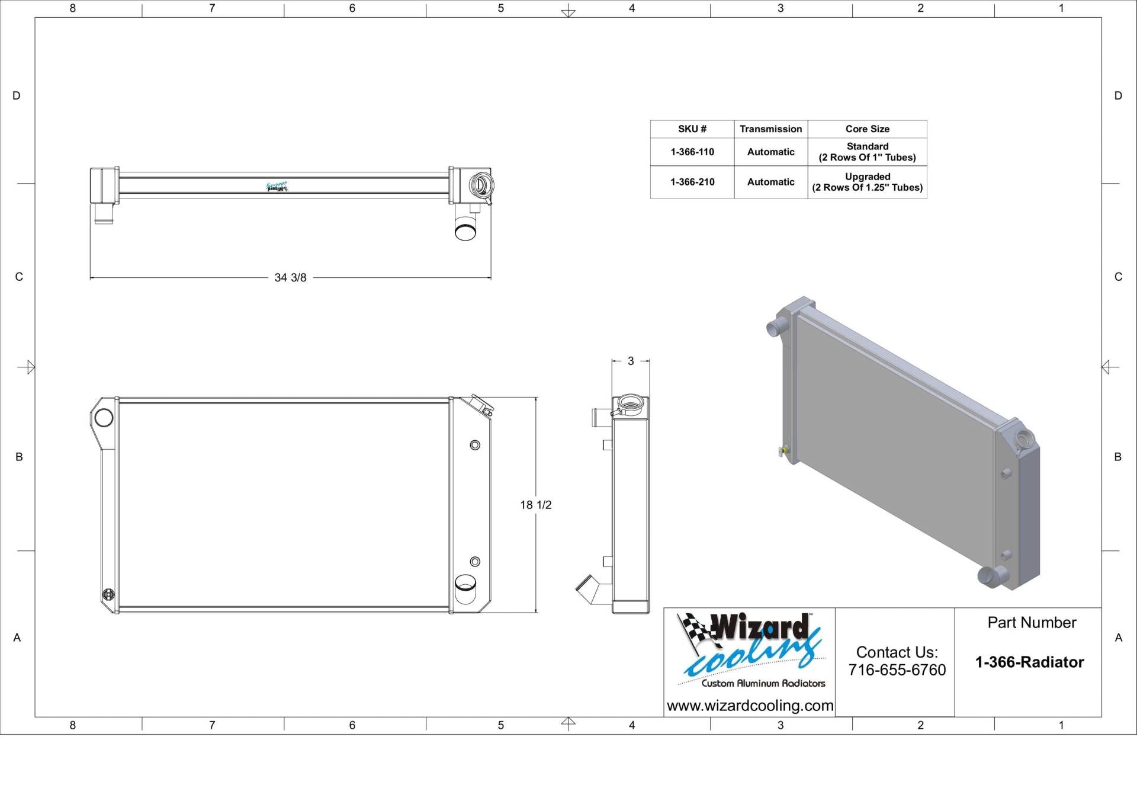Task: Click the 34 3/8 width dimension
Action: click(290, 277)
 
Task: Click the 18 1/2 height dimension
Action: click(535, 505)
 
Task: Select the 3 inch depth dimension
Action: click(631, 361)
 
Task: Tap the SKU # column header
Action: click(692, 129)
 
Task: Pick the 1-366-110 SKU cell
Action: click(692, 152)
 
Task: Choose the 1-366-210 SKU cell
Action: click(692, 182)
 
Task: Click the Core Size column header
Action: click(867, 129)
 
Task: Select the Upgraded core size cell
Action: click(867, 182)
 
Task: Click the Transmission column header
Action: click(770, 129)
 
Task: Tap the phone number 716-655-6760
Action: click(897, 670)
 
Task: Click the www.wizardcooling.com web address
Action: click(750, 706)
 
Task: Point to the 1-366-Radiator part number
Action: click(1029, 662)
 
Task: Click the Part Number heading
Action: click(1032, 623)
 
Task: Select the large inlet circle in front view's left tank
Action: click(104, 418)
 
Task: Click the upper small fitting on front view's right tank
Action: click(475, 445)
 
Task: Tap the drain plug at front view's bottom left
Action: click(109, 594)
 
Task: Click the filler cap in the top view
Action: click(480, 185)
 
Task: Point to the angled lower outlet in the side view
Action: click(590, 589)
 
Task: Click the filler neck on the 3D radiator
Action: click(1023, 439)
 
